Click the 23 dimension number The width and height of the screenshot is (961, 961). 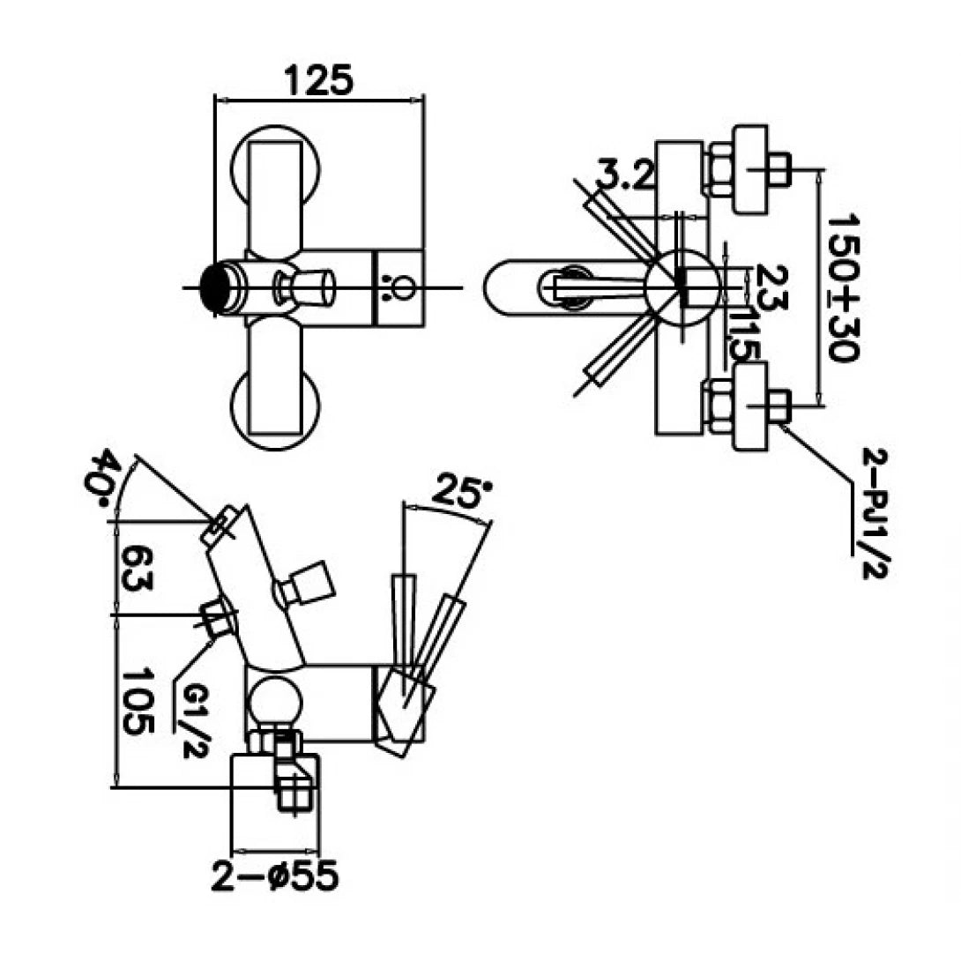(x=768, y=288)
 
